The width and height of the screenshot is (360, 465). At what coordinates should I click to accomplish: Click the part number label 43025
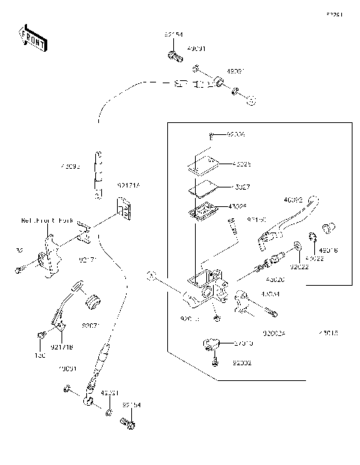click(242, 163)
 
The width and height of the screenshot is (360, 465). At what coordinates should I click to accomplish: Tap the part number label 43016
click(328, 251)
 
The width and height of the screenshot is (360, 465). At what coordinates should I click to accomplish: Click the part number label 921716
click(62, 346)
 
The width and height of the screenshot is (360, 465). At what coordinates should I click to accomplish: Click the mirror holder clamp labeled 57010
click(211, 344)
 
